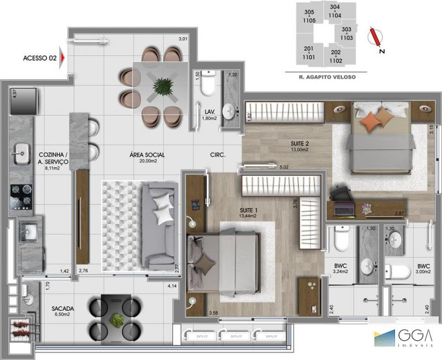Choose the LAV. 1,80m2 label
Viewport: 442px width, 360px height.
(x=208, y=114)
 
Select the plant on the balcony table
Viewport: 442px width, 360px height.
(x=117, y=320)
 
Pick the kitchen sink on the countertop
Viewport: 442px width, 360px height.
(x=22, y=150)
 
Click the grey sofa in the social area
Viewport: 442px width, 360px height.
(x=160, y=225)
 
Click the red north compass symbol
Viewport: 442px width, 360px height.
(x=375, y=36)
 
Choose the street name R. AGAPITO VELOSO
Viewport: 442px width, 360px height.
(x=320, y=77)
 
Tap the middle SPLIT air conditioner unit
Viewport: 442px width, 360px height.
(x=236, y=335)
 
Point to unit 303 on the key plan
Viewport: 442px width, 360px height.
(x=347, y=33)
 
